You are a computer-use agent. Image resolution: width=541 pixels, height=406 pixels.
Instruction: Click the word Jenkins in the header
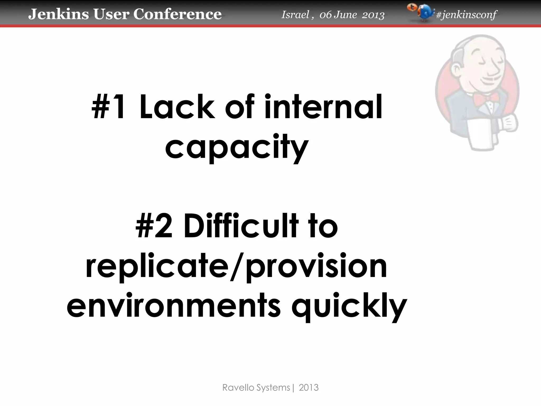click(58, 14)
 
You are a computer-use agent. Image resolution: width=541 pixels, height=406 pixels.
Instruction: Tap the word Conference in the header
click(177, 14)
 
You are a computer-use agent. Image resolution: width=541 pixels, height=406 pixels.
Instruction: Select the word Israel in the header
click(295, 15)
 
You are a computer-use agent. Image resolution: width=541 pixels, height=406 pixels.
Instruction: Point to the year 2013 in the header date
click(373, 15)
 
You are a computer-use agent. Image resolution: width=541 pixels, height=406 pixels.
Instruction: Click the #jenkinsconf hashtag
click(466, 15)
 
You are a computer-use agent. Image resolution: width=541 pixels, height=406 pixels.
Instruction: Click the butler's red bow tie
click(482, 98)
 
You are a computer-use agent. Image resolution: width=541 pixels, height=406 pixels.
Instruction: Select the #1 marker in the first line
click(108, 107)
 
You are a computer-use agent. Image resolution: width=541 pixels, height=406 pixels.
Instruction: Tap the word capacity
click(237, 147)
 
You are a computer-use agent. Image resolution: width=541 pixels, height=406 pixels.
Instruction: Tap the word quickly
click(349, 307)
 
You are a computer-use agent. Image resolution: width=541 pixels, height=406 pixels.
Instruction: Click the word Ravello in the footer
click(236, 387)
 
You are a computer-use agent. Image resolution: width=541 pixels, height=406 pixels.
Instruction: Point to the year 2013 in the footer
click(309, 387)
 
